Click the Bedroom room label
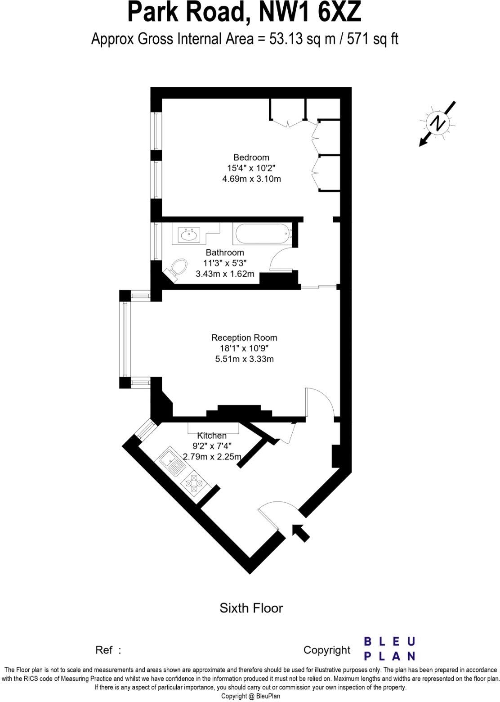click(251, 157)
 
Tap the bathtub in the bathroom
click(263, 234)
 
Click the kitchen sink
click(170, 460)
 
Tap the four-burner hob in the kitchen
click(194, 484)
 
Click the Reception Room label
click(244, 337)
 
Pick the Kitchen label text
click(212, 436)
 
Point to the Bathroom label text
click(225, 252)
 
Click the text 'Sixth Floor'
click(251, 608)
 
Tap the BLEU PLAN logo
click(389, 648)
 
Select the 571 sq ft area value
click(376, 39)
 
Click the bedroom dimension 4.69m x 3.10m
click(251, 179)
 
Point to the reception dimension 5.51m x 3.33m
click(244, 359)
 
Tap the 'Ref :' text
click(108, 650)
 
